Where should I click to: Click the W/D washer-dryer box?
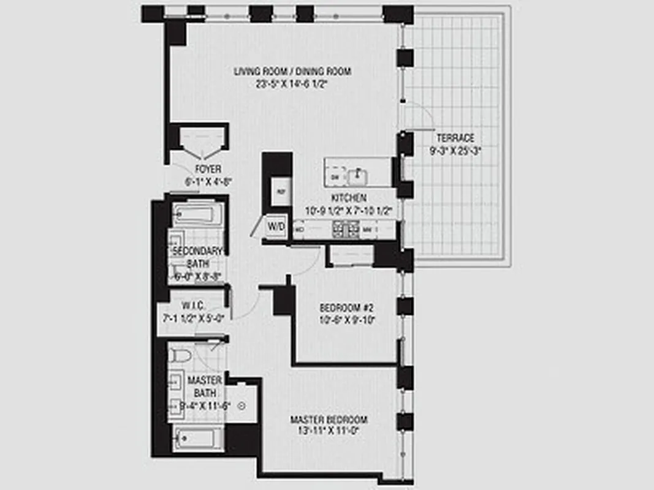click(x=276, y=227)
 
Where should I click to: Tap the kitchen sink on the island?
click(x=357, y=176)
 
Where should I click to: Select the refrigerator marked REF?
click(x=281, y=192)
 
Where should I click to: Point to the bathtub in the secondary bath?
click(x=194, y=215)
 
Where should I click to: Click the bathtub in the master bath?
click(x=198, y=439)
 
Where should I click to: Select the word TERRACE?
click(x=455, y=138)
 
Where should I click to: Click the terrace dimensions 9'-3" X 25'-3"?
click(x=455, y=150)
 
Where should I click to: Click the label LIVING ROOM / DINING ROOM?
click(x=292, y=72)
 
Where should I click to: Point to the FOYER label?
click(x=208, y=169)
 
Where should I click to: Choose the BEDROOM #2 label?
click(x=347, y=307)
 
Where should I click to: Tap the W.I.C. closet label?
click(x=192, y=306)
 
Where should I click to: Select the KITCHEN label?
click(x=349, y=198)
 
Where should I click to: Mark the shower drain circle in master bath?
click(x=240, y=405)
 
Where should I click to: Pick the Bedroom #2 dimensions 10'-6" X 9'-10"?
click(x=347, y=319)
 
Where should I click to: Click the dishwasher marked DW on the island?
click(x=335, y=177)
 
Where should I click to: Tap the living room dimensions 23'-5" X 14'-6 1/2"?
click(x=292, y=84)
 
